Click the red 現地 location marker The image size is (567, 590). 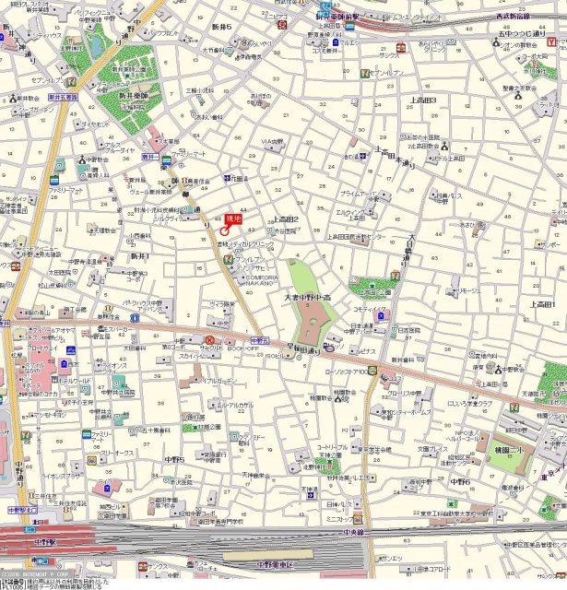click(x=232, y=219)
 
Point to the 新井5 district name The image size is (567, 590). click(x=222, y=41)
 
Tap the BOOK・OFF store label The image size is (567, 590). click(x=242, y=348)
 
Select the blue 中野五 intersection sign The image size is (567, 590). click(x=258, y=340)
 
